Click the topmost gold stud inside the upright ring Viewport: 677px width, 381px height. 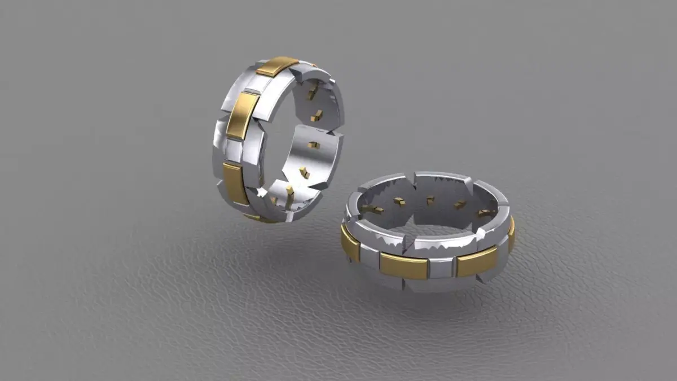coord(312,92)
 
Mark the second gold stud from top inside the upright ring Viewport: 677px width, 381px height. coord(318,116)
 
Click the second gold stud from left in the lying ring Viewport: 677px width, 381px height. coord(399,202)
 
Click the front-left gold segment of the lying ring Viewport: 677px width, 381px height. coord(404,265)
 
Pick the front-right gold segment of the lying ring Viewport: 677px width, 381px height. coord(477,261)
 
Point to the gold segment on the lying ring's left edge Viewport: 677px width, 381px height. coord(350,244)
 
